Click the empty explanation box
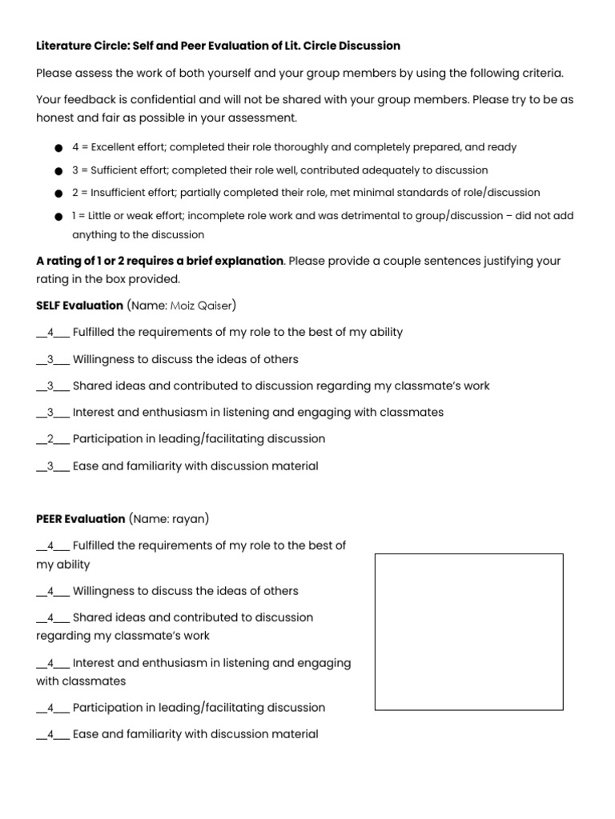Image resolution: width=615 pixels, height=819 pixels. [x=468, y=632]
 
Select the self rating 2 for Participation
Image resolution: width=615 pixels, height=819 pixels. [x=50, y=439]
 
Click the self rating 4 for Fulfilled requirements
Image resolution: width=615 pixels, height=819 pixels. [x=50, y=332]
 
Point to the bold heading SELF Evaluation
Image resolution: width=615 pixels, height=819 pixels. [x=79, y=306]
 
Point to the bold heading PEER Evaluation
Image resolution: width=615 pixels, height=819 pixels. [x=80, y=519]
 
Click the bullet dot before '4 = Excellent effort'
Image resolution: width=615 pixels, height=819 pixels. [x=58, y=148]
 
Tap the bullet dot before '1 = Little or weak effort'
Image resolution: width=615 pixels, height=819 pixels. [x=58, y=217]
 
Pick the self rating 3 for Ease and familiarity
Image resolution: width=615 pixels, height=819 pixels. [x=50, y=466]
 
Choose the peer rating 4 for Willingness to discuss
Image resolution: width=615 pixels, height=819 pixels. [x=50, y=591]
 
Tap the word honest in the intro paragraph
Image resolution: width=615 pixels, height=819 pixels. [x=57, y=118]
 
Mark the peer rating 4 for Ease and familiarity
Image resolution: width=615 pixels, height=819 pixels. [x=50, y=733]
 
